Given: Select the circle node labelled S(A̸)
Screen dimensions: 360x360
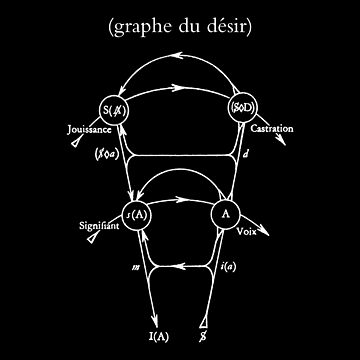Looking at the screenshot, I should [113, 109].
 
